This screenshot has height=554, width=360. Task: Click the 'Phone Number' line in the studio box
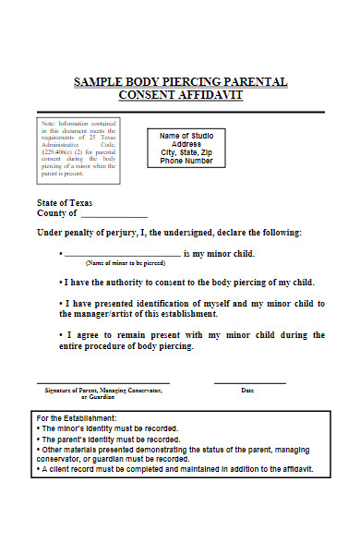tap(186, 161)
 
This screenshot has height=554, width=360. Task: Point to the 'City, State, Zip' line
tap(186, 152)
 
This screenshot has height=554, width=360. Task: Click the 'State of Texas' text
tap(65, 203)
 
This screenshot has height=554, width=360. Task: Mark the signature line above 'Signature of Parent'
tap(102, 383)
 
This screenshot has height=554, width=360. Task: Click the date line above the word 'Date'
tap(250, 383)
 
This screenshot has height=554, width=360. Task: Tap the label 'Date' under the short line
tap(247, 391)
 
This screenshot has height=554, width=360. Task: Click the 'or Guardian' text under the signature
tap(99, 397)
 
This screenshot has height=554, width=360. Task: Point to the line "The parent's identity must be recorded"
tap(107, 440)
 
